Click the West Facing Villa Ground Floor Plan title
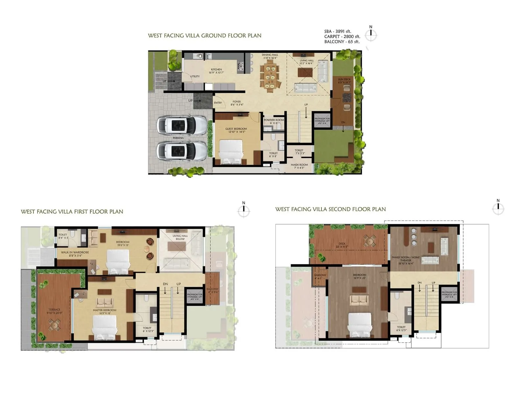click(204, 36)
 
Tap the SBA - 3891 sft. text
click(338, 32)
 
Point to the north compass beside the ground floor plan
click(371, 34)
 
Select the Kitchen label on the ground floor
click(216, 70)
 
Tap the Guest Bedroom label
click(236, 129)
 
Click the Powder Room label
click(274, 120)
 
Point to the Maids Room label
click(299, 165)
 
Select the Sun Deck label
click(345, 79)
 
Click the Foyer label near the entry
click(237, 102)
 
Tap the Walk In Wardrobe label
click(75, 252)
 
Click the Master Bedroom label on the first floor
click(105, 310)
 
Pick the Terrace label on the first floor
click(54, 310)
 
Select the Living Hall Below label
click(180, 237)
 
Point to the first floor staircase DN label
click(165, 284)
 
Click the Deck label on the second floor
click(342, 244)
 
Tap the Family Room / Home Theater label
click(406, 259)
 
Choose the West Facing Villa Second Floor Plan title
click(330, 209)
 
